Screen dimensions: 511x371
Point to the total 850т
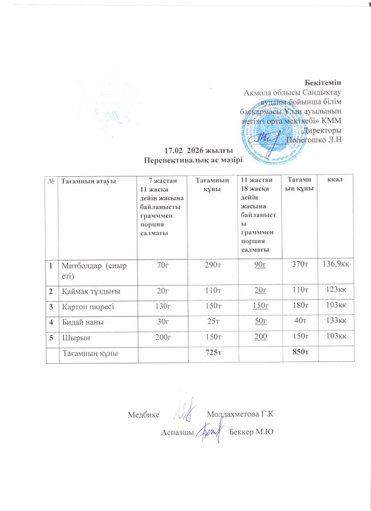pyautogui.click(x=302, y=353)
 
